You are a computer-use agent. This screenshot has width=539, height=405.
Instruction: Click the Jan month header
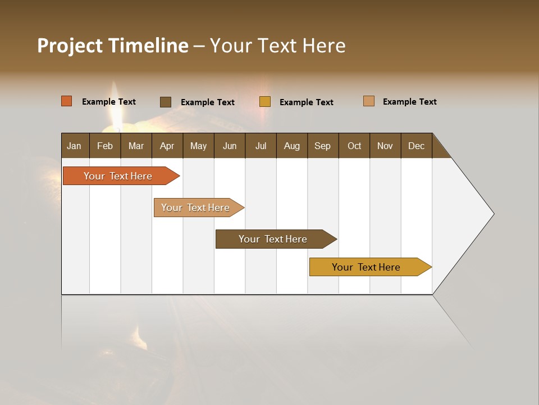(x=74, y=146)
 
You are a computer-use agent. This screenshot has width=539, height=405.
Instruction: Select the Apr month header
(x=167, y=146)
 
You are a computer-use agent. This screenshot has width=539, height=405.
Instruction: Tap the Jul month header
(x=261, y=146)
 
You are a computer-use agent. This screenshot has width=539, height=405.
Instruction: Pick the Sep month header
(x=322, y=146)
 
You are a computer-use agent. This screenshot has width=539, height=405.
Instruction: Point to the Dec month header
(x=416, y=146)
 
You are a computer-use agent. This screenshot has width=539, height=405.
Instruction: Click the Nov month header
(x=385, y=146)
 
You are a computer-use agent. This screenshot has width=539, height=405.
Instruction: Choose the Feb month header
(x=105, y=146)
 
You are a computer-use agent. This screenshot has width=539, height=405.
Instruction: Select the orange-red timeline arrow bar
(x=118, y=176)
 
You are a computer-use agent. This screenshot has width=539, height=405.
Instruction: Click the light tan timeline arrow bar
(x=195, y=208)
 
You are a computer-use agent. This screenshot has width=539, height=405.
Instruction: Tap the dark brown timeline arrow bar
(x=273, y=239)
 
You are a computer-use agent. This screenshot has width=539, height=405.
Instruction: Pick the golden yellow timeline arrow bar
(x=366, y=267)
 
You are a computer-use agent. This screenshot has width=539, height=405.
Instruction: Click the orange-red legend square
(x=66, y=101)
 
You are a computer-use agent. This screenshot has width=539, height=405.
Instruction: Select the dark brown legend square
(x=165, y=102)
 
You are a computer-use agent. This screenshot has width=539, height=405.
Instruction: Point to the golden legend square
(x=264, y=102)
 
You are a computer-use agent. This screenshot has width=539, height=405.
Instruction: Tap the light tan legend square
(x=368, y=101)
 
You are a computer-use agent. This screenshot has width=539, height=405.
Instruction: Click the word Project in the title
(x=69, y=46)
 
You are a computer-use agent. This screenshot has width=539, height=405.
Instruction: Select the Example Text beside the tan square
(x=409, y=102)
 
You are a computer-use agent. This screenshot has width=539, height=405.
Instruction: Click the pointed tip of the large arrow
(x=492, y=214)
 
